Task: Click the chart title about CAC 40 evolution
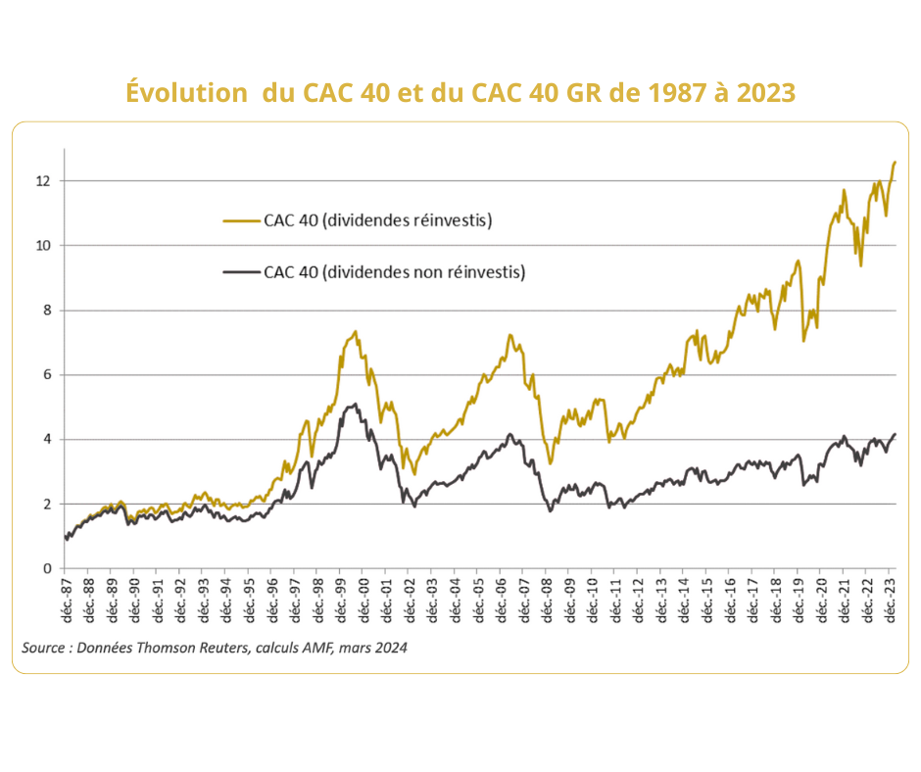point(460,92)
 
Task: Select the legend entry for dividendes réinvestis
point(377,220)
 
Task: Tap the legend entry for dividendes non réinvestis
point(394,272)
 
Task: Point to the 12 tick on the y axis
point(43,181)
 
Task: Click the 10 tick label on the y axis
point(43,246)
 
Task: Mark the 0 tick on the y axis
point(46,569)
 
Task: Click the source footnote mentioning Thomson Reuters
point(215,648)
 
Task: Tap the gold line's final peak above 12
point(894,162)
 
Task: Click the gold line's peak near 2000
point(355,331)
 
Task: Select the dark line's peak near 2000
point(353,404)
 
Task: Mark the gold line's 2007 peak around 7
point(510,335)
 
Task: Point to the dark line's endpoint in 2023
point(895,434)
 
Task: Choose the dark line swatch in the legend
point(241,272)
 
